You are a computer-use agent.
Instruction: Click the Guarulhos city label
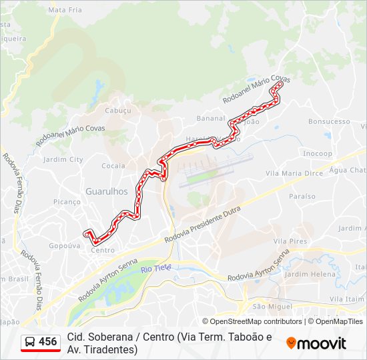(107, 191)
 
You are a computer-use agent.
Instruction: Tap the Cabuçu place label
(118, 111)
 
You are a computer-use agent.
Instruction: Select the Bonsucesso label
(329, 122)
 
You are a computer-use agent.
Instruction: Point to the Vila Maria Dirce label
(294, 173)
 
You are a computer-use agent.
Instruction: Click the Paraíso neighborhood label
(302, 197)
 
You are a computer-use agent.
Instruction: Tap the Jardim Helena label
(310, 274)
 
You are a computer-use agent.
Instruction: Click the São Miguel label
(272, 307)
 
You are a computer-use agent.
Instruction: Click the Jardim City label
(63, 160)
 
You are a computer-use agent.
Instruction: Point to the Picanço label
(67, 201)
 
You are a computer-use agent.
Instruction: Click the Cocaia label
(113, 166)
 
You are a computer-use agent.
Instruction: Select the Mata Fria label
(65, 10)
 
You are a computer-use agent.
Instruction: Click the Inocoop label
(318, 153)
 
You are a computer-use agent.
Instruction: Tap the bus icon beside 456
(30, 342)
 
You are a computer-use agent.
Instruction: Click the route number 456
(48, 342)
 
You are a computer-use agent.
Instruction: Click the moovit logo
(316, 343)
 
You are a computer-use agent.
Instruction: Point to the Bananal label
(211, 118)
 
